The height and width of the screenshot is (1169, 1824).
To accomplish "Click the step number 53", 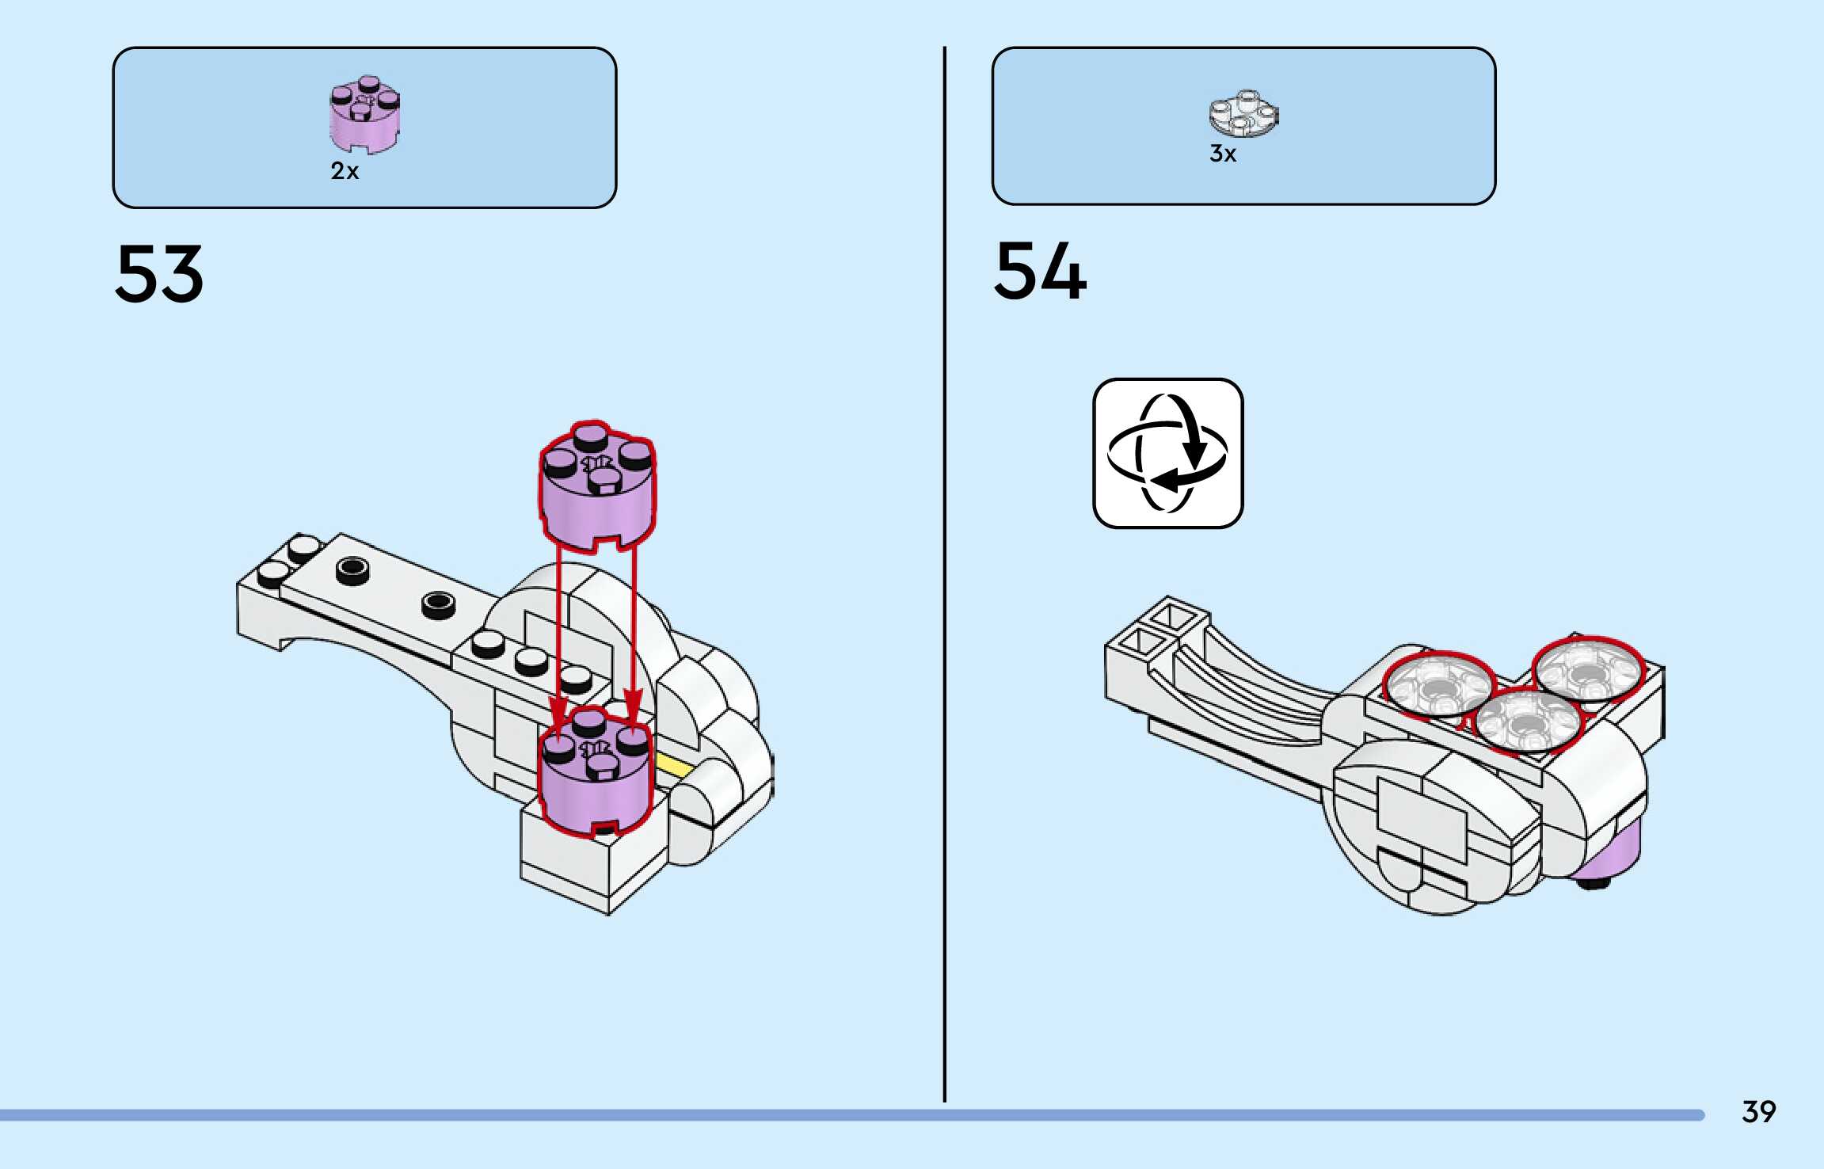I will pos(159,274).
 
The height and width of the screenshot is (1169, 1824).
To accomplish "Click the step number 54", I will pos(1040,272).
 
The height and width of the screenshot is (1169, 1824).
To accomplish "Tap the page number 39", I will pos(1758,1112).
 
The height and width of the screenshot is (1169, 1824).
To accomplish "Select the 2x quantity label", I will pos(345,171).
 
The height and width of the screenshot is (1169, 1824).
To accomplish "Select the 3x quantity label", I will pos(1222,154).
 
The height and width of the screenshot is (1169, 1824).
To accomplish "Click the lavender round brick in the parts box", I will pos(364,115).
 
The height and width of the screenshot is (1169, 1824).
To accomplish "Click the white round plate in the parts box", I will pos(1243,113).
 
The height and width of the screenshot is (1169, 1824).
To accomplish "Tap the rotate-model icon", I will pos(1167,453).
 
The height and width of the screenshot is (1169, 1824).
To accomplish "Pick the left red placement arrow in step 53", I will pos(559,634).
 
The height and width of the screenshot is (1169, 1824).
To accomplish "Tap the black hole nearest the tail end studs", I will pos(352,569).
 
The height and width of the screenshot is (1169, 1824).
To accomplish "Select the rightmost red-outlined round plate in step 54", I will pos(1587,670).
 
